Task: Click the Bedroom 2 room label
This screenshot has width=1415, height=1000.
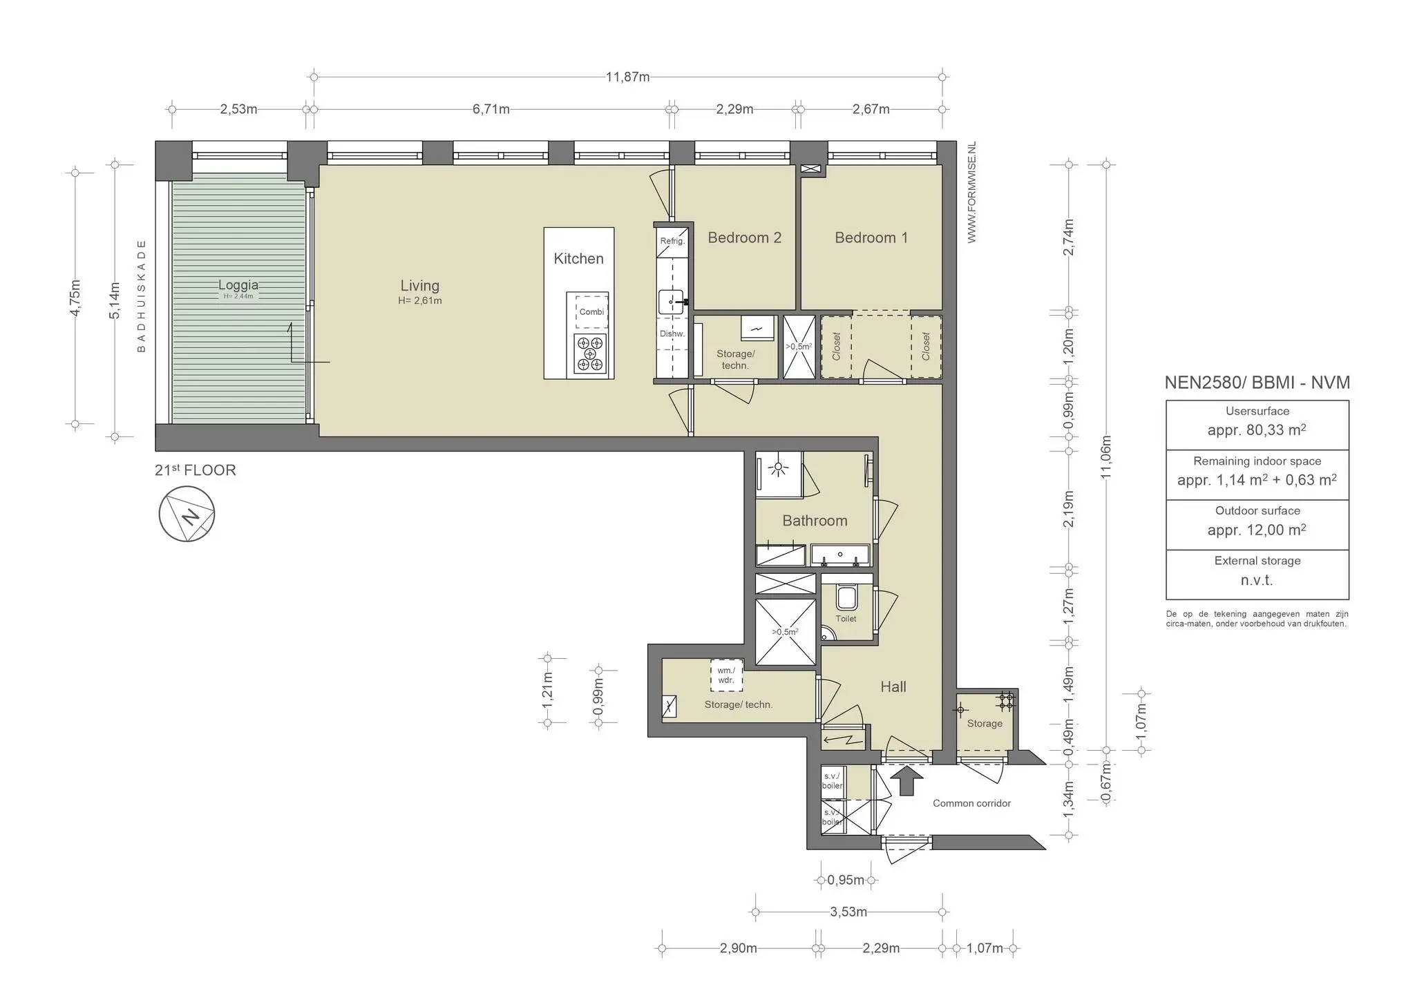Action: (x=744, y=238)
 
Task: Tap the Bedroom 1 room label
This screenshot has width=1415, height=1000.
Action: (x=871, y=238)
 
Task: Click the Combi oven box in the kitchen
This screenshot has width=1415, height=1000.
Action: (x=591, y=311)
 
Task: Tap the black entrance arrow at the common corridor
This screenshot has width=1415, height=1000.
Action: (x=906, y=783)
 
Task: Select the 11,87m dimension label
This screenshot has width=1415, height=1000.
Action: (x=627, y=77)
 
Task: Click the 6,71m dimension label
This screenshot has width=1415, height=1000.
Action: (x=491, y=109)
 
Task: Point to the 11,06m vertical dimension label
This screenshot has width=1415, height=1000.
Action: (x=1106, y=457)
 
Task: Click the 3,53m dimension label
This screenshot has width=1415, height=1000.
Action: (x=848, y=912)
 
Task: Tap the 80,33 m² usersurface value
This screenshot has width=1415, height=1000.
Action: (x=1256, y=430)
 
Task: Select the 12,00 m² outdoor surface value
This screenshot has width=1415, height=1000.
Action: (x=1256, y=530)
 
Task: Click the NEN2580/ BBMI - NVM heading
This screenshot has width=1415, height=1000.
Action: (x=1257, y=383)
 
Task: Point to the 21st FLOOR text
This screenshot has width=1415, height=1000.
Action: (x=196, y=470)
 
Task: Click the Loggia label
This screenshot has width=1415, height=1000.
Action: (x=238, y=285)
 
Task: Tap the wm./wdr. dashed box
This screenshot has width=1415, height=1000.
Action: (x=726, y=675)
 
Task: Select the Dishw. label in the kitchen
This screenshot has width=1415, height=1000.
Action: (x=672, y=334)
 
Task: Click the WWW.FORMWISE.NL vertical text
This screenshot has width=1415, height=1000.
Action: (x=971, y=193)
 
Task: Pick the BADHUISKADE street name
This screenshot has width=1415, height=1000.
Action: (x=142, y=296)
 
